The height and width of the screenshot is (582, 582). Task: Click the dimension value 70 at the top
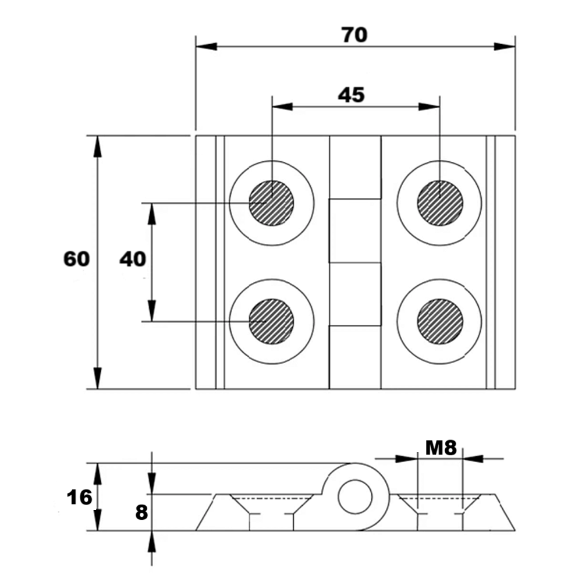(354, 35)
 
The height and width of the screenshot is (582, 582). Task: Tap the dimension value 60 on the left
(77, 258)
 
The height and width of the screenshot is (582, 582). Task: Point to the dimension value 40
(132, 258)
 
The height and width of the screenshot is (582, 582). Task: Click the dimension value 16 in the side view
(79, 498)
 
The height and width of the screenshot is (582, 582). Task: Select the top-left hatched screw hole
(271, 203)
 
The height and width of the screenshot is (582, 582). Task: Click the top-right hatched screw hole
(440, 203)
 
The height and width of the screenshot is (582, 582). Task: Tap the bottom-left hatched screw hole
(271, 321)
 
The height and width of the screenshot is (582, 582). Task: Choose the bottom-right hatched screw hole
(440, 321)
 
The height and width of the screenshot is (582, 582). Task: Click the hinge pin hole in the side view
(355, 496)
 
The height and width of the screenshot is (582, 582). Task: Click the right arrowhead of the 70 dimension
(505, 46)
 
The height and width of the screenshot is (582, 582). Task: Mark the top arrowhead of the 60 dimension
(98, 145)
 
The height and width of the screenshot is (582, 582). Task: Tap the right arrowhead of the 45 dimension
(430, 106)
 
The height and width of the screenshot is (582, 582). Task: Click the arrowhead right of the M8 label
(473, 459)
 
